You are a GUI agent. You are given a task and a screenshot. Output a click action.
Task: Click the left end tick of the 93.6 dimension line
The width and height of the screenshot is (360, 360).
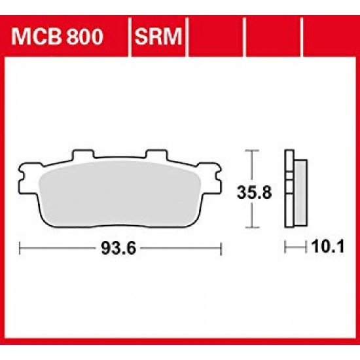click(20, 248)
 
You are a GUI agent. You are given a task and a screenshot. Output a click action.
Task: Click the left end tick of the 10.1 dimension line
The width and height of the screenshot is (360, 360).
click(286, 248)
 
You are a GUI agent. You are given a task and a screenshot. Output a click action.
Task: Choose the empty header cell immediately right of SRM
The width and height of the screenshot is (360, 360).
click(215, 33)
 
